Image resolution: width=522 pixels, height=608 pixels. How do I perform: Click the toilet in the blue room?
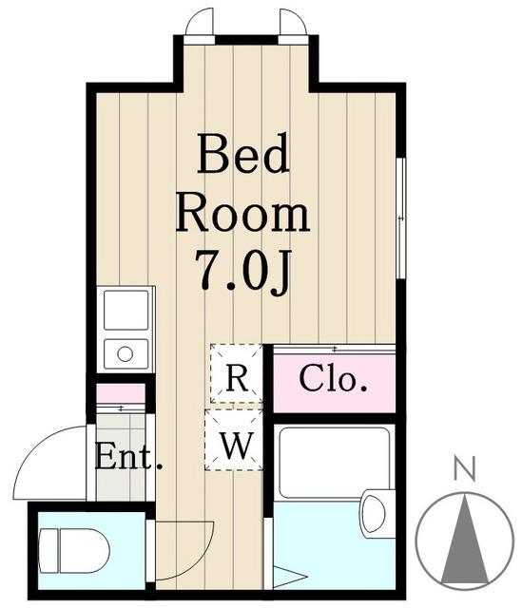(x=74, y=550)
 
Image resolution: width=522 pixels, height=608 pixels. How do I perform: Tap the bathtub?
(x=334, y=463)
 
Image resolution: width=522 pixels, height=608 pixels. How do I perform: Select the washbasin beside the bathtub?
(x=374, y=513)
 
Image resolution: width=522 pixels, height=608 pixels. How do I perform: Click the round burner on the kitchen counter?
(x=125, y=354)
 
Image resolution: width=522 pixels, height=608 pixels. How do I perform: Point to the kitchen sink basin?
(x=126, y=310)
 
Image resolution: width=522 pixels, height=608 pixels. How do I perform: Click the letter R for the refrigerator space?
(x=237, y=378)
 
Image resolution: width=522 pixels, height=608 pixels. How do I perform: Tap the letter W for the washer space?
(x=237, y=446)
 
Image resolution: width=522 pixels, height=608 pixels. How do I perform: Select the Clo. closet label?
(x=333, y=378)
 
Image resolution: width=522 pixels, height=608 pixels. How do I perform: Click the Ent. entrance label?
(x=128, y=457)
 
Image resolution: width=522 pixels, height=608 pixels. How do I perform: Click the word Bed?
(x=243, y=153)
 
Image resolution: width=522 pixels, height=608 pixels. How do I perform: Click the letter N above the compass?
(x=465, y=467)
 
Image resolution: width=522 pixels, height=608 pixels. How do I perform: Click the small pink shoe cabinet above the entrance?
(x=121, y=393)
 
